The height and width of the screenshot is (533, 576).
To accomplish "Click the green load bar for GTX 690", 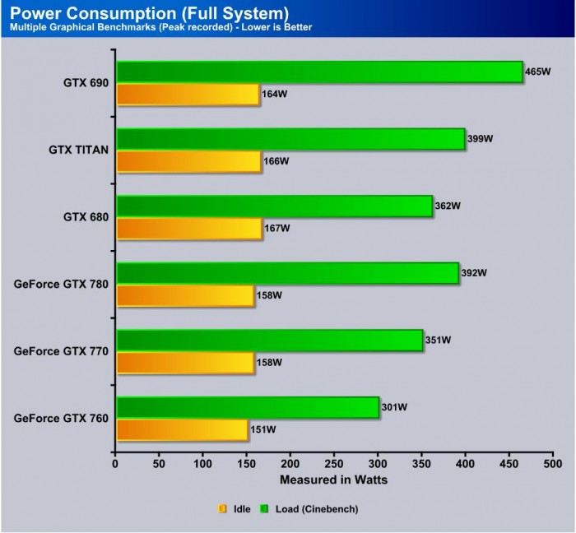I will point(319,72).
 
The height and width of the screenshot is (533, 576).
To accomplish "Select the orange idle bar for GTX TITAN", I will point(188,161).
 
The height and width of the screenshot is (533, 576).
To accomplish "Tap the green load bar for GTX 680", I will point(274,206).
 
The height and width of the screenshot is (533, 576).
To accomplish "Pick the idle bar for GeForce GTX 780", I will point(185,295).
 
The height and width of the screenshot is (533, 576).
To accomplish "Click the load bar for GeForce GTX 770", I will point(269,340).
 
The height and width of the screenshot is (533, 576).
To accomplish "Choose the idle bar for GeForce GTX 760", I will point(182,429).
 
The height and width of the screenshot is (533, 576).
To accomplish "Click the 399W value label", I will point(480,139).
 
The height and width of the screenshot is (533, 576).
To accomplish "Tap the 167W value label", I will point(276,228).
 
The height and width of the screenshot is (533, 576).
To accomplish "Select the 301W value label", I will point(394,406).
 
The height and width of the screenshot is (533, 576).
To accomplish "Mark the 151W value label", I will point(262,429).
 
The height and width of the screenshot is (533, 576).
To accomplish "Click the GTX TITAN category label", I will point(78,150).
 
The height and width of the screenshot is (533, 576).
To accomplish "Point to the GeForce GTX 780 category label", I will point(61,284).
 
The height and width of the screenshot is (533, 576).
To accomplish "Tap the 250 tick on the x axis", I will point(334,464).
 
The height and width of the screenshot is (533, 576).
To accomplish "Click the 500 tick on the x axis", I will point(552,464).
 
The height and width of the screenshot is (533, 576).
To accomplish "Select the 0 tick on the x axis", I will point(116,464).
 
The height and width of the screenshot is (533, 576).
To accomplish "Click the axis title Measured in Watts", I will point(334,480).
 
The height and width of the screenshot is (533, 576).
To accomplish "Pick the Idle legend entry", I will point(235,509).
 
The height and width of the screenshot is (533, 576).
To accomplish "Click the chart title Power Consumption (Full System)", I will point(149,13).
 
